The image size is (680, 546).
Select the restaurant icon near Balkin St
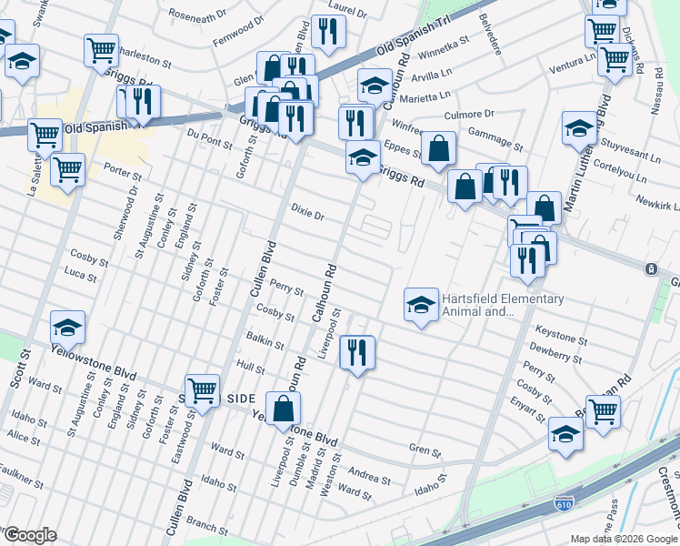pos(356,351)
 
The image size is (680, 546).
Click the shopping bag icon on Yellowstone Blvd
pos(284,409)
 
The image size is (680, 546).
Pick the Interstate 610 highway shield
pos(564,503)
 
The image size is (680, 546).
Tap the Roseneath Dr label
pos(196,16)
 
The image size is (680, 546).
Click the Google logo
pos(29,535)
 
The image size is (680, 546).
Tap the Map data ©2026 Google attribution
pos(623,539)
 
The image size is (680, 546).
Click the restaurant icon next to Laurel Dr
pos(327,31)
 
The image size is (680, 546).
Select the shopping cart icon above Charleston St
pos(101,49)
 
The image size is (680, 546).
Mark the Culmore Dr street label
pos(469,115)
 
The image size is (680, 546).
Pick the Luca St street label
pos(81,274)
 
